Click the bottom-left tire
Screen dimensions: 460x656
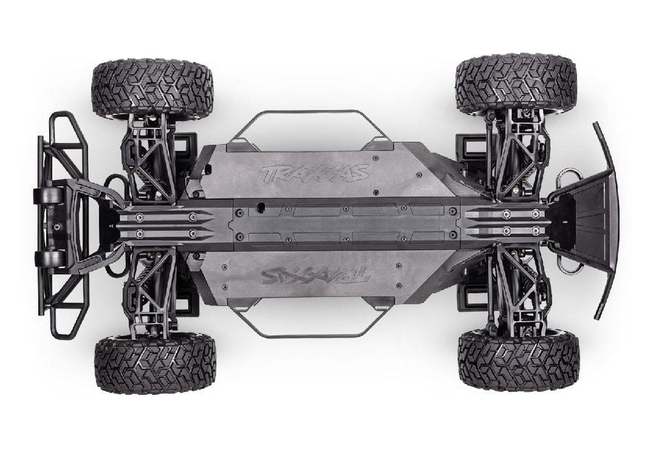click(x=155, y=363)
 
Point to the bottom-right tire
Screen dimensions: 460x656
click(x=518, y=360)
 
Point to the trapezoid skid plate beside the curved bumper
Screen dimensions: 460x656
click(x=584, y=217)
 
